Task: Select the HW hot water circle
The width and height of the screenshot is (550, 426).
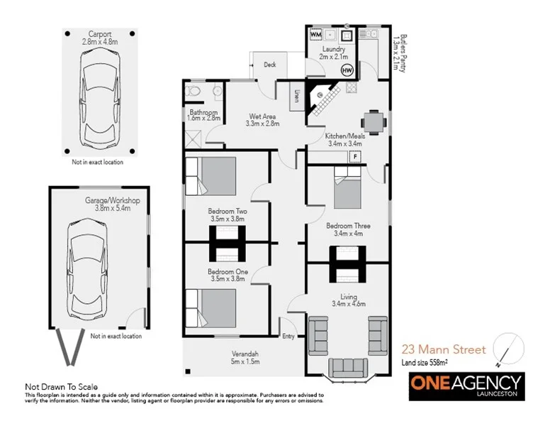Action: tap(347, 70)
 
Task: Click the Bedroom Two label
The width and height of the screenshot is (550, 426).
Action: tap(227, 212)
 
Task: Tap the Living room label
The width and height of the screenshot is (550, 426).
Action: tap(348, 297)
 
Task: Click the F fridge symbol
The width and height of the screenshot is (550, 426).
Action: tap(355, 155)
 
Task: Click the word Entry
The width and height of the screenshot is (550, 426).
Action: tap(288, 337)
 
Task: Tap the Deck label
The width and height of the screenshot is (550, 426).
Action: tap(270, 65)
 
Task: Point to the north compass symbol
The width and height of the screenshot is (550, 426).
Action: tap(507, 348)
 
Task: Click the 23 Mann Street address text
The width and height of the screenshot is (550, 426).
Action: tap(444, 349)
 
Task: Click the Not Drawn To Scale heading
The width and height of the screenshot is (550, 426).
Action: tap(60, 386)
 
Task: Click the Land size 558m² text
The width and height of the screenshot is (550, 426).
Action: tap(429, 363)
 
